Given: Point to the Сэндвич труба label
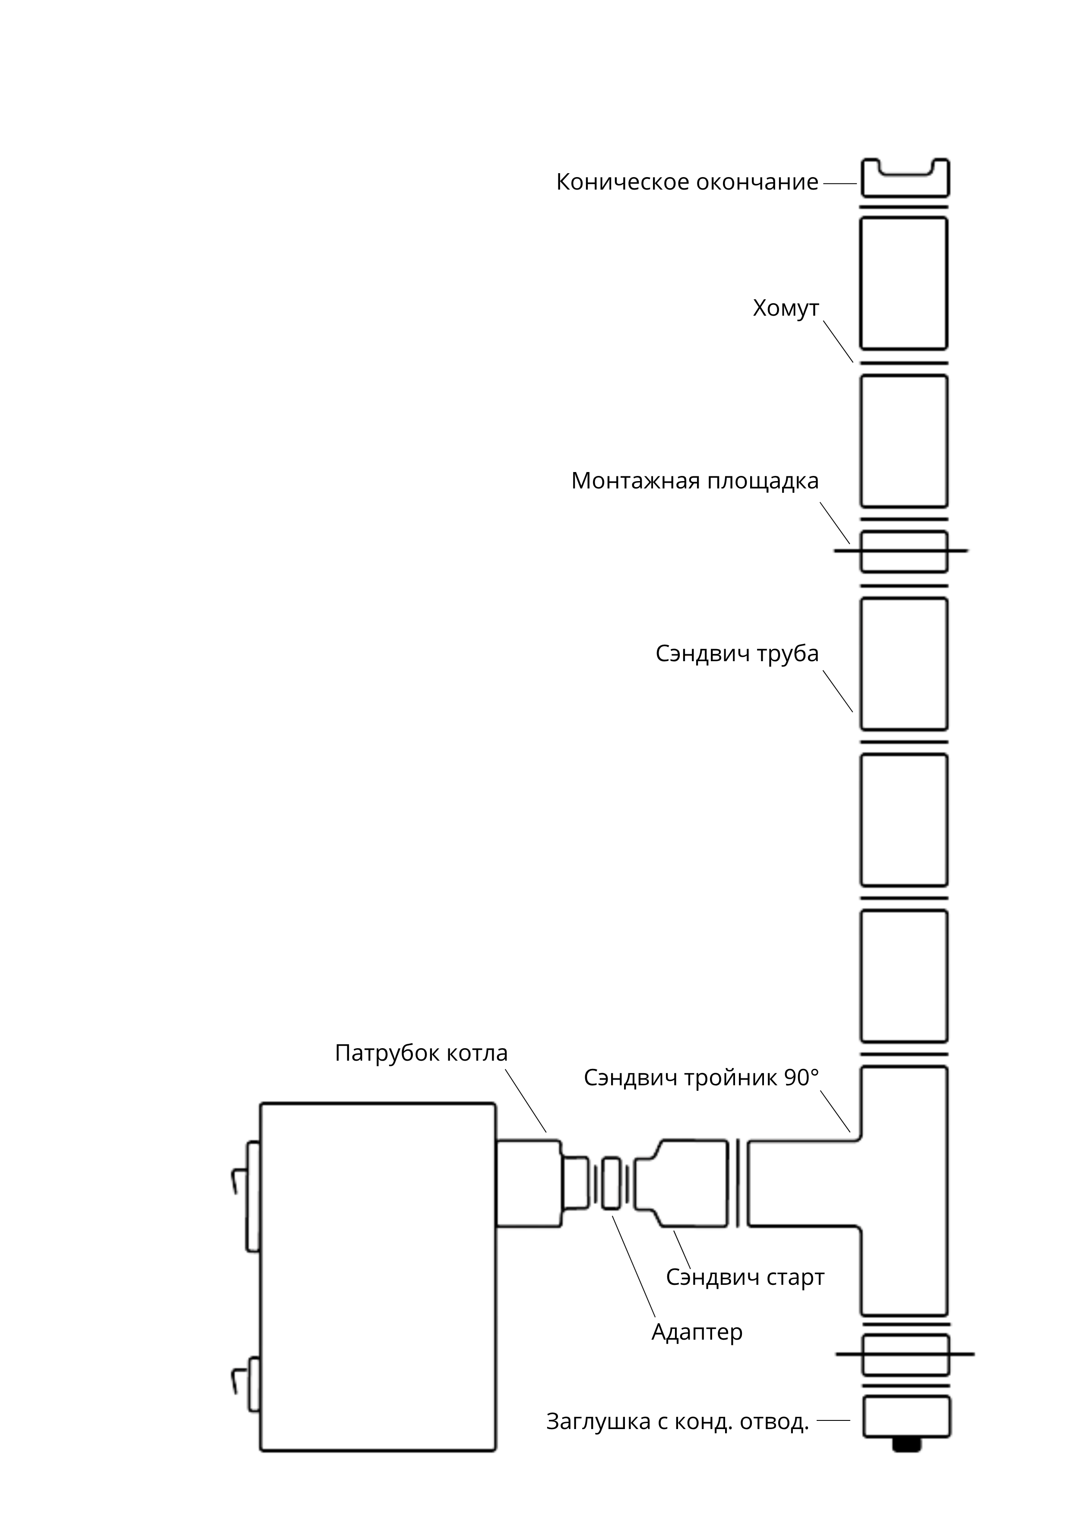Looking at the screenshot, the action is (737, 654).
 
